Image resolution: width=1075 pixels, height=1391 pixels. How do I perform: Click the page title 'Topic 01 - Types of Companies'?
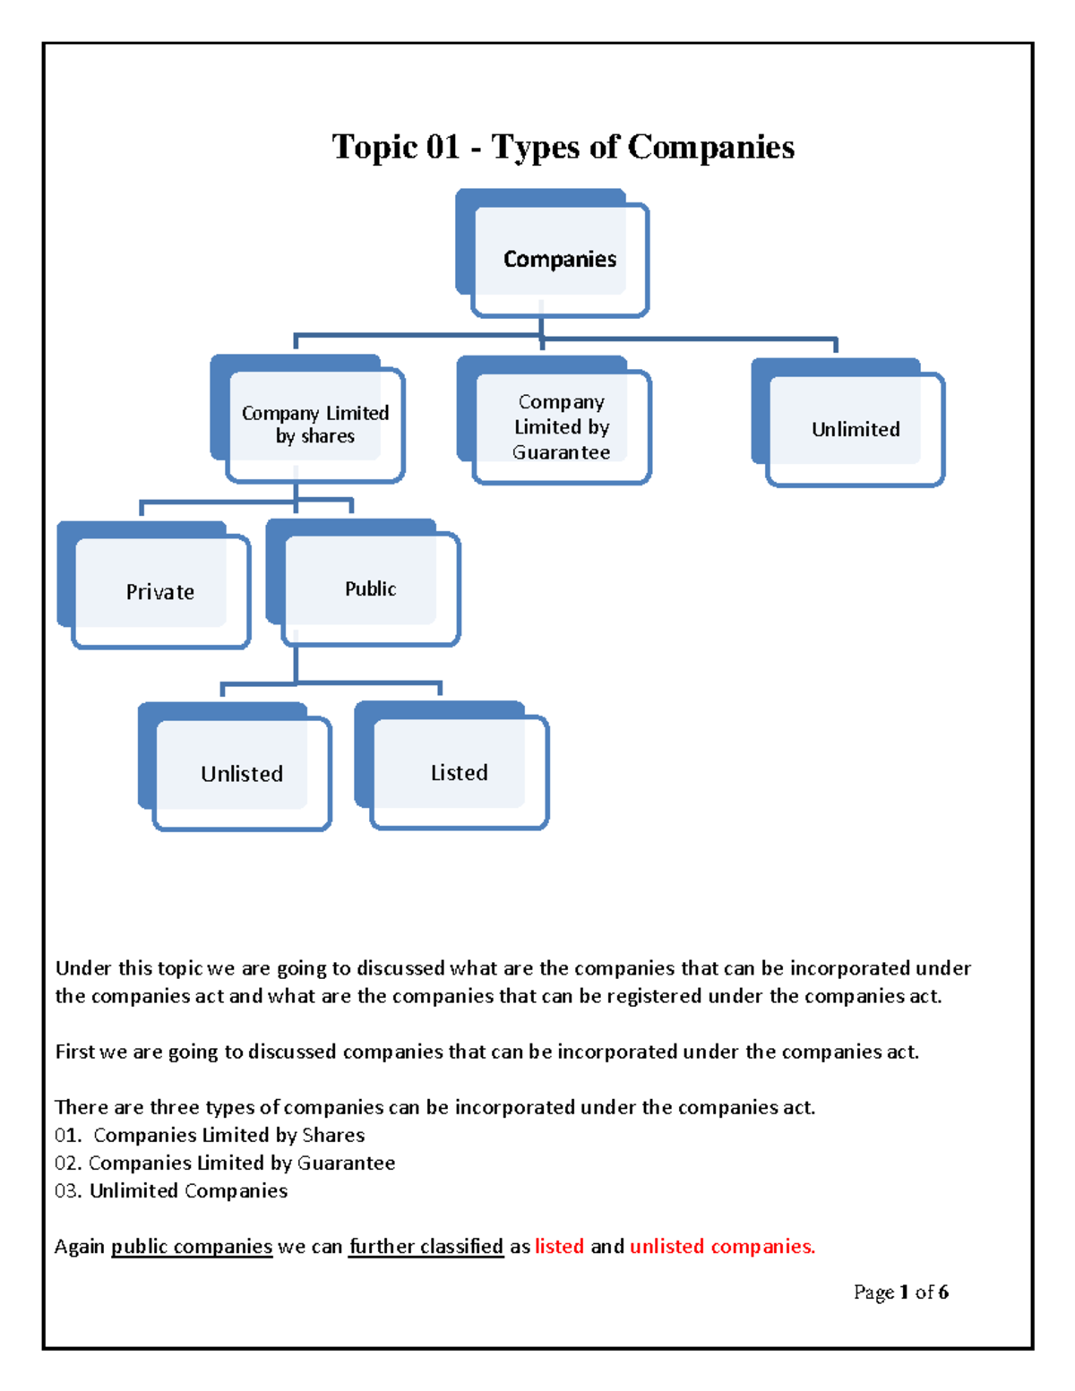[x=563, y=147]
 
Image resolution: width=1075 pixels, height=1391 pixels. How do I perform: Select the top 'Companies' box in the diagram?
[x=559, y=259]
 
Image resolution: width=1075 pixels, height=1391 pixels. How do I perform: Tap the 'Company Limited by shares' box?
[x=315, y=425]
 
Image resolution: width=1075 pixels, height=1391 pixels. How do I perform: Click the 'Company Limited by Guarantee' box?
[x=561, y=427]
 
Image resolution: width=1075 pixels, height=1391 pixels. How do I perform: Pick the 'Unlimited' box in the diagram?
[x=856, y=429]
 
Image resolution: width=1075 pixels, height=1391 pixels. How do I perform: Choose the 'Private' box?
[x=159, y=592]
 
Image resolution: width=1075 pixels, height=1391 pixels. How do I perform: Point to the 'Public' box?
[x=370, y=588]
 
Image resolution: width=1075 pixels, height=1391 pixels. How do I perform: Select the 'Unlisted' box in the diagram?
[x=241, y=774]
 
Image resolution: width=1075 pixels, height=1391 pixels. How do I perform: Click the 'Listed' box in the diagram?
[x=459, y=772]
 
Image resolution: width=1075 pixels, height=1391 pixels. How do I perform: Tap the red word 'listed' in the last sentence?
[x=559, y=1246]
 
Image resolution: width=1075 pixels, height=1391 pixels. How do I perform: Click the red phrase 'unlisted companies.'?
[x=722, y=1246]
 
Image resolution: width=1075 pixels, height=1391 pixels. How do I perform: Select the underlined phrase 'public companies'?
[x=192, y=1246]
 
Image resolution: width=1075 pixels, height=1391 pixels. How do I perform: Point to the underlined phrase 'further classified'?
[x=426, y=1246]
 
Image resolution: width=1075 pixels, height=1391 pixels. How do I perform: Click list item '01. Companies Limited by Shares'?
[x=210, y=1135]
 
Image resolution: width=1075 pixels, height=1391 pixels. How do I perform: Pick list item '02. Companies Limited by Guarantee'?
[x=225, y=1163]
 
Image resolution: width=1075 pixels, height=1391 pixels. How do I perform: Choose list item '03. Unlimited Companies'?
[x=171, y=1190]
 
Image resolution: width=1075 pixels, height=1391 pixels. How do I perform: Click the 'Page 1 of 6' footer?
[x=900, y=1292]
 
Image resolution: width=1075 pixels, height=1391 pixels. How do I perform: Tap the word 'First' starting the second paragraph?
[x=74, y=1052]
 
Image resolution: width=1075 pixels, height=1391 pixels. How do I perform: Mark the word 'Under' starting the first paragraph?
[x=83, y=968]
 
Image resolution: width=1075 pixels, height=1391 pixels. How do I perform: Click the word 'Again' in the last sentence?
[x=80, y=1246]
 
